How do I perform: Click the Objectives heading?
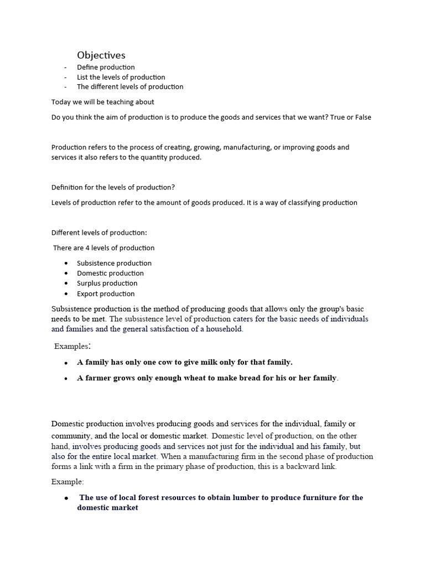tap(101, 55)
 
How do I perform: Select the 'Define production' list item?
tap(106, 67)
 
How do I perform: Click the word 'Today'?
tap(61, 102)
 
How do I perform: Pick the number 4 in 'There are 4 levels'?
tap(87, 248)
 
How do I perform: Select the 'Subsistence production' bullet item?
tap(114, 263)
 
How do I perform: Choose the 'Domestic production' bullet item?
tap(110, 273)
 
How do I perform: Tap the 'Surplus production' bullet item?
tap(107, 283)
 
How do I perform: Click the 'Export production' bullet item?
tap(106, 293)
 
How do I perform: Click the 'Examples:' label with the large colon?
tap(72, 346)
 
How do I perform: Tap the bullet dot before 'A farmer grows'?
tap(66, 379)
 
